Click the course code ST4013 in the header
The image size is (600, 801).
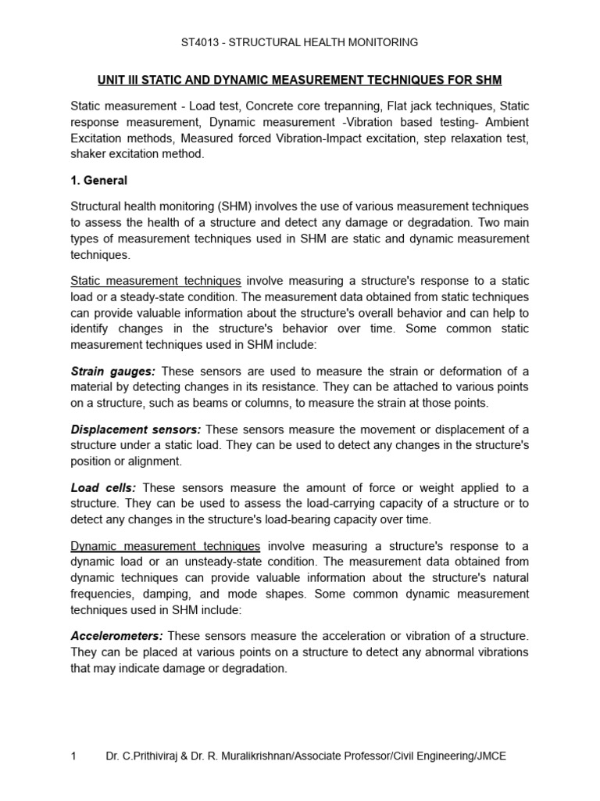(x=202, y=42)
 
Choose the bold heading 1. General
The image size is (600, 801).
(x=99, y=181)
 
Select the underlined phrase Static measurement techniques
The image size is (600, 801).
(x=155, y=281)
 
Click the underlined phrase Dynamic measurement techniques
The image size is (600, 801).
(x=165, y=546)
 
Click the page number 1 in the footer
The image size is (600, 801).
(x=73, y=756)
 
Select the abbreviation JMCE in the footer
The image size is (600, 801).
(x=491, y=756)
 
